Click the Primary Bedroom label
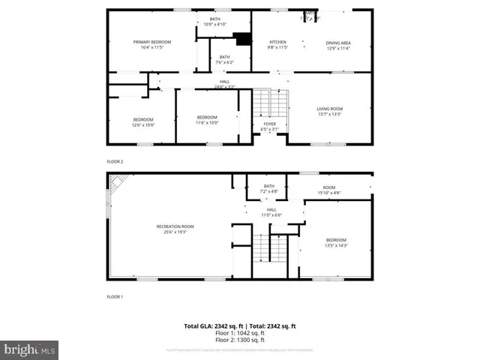pyautogui.click(x=152, y=44)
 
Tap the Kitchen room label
pyautogui.click(x=277, y=44)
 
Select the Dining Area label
pyautogui.click(x=337, y=44)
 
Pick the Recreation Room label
pyautogui.click(x=175, y=229)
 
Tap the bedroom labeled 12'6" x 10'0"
pyautogui.click(x=143, y=122)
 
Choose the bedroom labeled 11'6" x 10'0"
pyautogui.click(x=207, y=120)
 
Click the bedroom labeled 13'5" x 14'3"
pyautogui.click(x=336, y=242)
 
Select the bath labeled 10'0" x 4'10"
pyautogui.click(x=215, y=22)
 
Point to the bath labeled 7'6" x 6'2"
pyautogui.click(x=225, y=59)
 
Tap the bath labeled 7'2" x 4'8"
pyautogui.click(x=269, y=188)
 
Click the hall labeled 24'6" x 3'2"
pyautogui.click(x=224, y=84)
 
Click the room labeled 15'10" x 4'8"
pyautogui.click(x=329, y=190)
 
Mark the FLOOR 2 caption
pyautogui.click(x=115, y=161)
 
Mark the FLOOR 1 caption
pyautogui.click(x=115, y=298)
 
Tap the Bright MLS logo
pyautogui.click(x=30, y=349)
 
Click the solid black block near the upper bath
pyautogui.click(x=241, y=39)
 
